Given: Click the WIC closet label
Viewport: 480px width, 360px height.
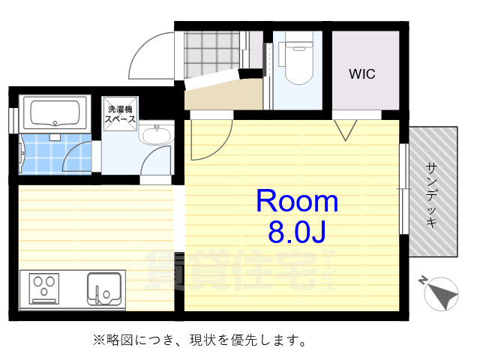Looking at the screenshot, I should [x=361, y=74].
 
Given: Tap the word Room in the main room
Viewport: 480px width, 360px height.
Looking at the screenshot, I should [x=297, y=201].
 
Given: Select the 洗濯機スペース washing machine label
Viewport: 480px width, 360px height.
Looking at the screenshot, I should [x=119, y=114].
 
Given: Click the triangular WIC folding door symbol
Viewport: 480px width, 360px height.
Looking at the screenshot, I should [x=345, y=130].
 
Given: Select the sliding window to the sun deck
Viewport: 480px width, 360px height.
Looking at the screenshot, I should [x=404, y=187].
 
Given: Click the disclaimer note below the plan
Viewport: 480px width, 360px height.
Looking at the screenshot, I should [x=199, y=340].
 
